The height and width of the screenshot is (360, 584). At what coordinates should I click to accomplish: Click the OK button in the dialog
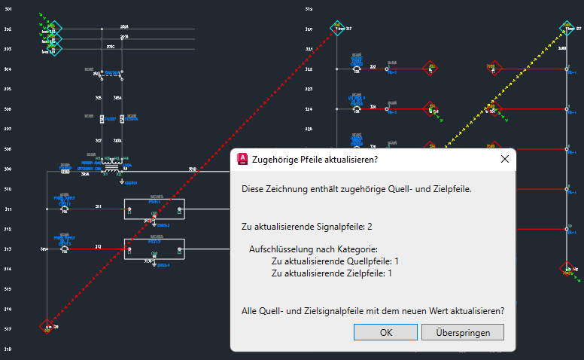[x=386, y=332]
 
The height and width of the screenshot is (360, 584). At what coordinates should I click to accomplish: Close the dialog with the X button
[x=504, y=160]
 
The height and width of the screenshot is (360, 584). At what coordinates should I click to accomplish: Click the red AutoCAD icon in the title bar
[x=244, y=160]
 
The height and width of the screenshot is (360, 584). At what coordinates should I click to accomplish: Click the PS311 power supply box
[x=154, y=209]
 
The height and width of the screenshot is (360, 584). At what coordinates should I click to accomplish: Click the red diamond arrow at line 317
[x=47, y=326]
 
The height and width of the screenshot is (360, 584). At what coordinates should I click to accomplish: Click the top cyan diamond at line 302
[x=55, y=29]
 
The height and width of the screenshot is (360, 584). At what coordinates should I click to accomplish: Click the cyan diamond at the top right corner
[x=567, y=29]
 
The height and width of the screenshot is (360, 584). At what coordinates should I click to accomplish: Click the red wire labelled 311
[x=98, y=209]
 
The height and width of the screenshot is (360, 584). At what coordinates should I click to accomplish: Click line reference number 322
[x=309, y=69]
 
